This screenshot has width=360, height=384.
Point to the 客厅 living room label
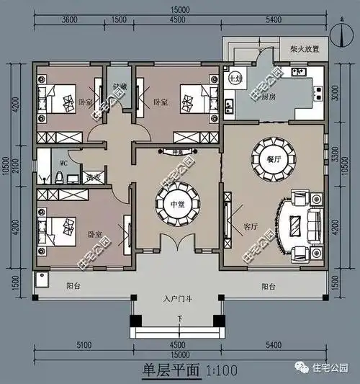[x=251, y=226]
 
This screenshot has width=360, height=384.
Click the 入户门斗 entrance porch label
[x=177, y=298]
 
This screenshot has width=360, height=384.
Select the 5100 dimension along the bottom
[x=84, y=345]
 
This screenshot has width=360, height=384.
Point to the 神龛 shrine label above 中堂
[x=177, y=153]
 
